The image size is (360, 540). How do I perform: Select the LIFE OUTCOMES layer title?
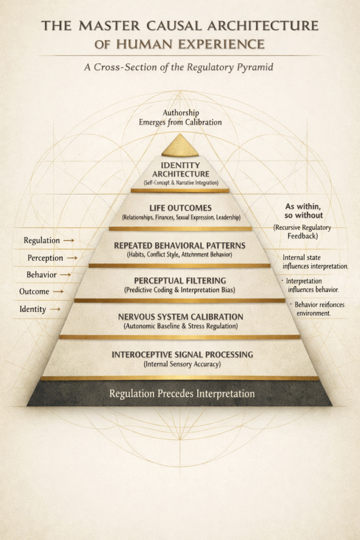point(180,207)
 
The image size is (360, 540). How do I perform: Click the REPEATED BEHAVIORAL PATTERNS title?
point(180,245)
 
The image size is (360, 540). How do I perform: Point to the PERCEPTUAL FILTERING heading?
point(180,280)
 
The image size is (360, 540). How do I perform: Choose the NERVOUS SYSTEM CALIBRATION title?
point(180,317)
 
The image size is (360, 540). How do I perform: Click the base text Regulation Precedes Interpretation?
point(181,393)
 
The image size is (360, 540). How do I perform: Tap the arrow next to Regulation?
point(69,240)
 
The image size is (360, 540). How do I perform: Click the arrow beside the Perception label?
point(72,258)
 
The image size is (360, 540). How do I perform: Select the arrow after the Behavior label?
point(65,275)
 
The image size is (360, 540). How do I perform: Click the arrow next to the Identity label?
point(54,310)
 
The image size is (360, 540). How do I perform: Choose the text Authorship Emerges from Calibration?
point(180,117)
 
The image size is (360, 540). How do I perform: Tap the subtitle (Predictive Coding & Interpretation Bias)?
point(180,290)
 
